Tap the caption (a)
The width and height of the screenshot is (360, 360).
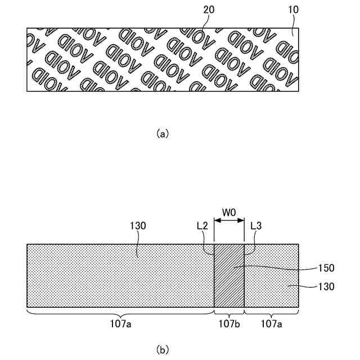click(162, 133)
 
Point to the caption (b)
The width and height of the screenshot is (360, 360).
click(162, 349)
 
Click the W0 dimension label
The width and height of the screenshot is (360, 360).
click(229, 213)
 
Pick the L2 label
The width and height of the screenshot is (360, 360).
click(202, 225)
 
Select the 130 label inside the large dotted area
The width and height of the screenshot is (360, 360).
click(138, 226)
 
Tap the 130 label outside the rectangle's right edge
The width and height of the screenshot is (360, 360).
click(326, 286)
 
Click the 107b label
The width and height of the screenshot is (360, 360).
click(229, 324)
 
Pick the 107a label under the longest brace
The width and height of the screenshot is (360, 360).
click(120, 324)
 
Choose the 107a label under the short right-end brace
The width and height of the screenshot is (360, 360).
click(271, 324)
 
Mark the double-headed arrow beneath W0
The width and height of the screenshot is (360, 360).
click(229, 222)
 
